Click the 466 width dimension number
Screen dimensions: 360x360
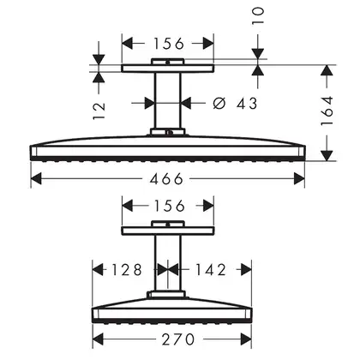166,179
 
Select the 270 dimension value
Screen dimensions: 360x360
178,339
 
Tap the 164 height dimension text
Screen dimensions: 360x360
327,111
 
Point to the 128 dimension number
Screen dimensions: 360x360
127,270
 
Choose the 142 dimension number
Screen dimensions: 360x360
211,270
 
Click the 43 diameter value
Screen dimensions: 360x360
247,103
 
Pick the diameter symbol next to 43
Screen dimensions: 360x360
219,103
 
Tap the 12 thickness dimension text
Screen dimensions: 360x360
99,111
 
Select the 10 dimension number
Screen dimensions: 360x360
258,16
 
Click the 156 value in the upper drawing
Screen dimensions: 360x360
169,44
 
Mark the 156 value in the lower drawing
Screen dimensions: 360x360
169,206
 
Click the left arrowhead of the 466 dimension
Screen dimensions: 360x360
36,179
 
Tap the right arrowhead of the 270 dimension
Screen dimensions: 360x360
246,339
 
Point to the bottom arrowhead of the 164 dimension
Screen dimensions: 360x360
327,156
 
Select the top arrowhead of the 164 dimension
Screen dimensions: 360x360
327,70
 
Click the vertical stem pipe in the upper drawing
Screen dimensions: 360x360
168,100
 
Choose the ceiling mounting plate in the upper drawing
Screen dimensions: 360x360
168,69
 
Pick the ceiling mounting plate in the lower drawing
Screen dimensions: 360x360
168,231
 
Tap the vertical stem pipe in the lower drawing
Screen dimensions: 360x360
168,263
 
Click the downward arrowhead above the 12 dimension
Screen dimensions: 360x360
99,59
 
